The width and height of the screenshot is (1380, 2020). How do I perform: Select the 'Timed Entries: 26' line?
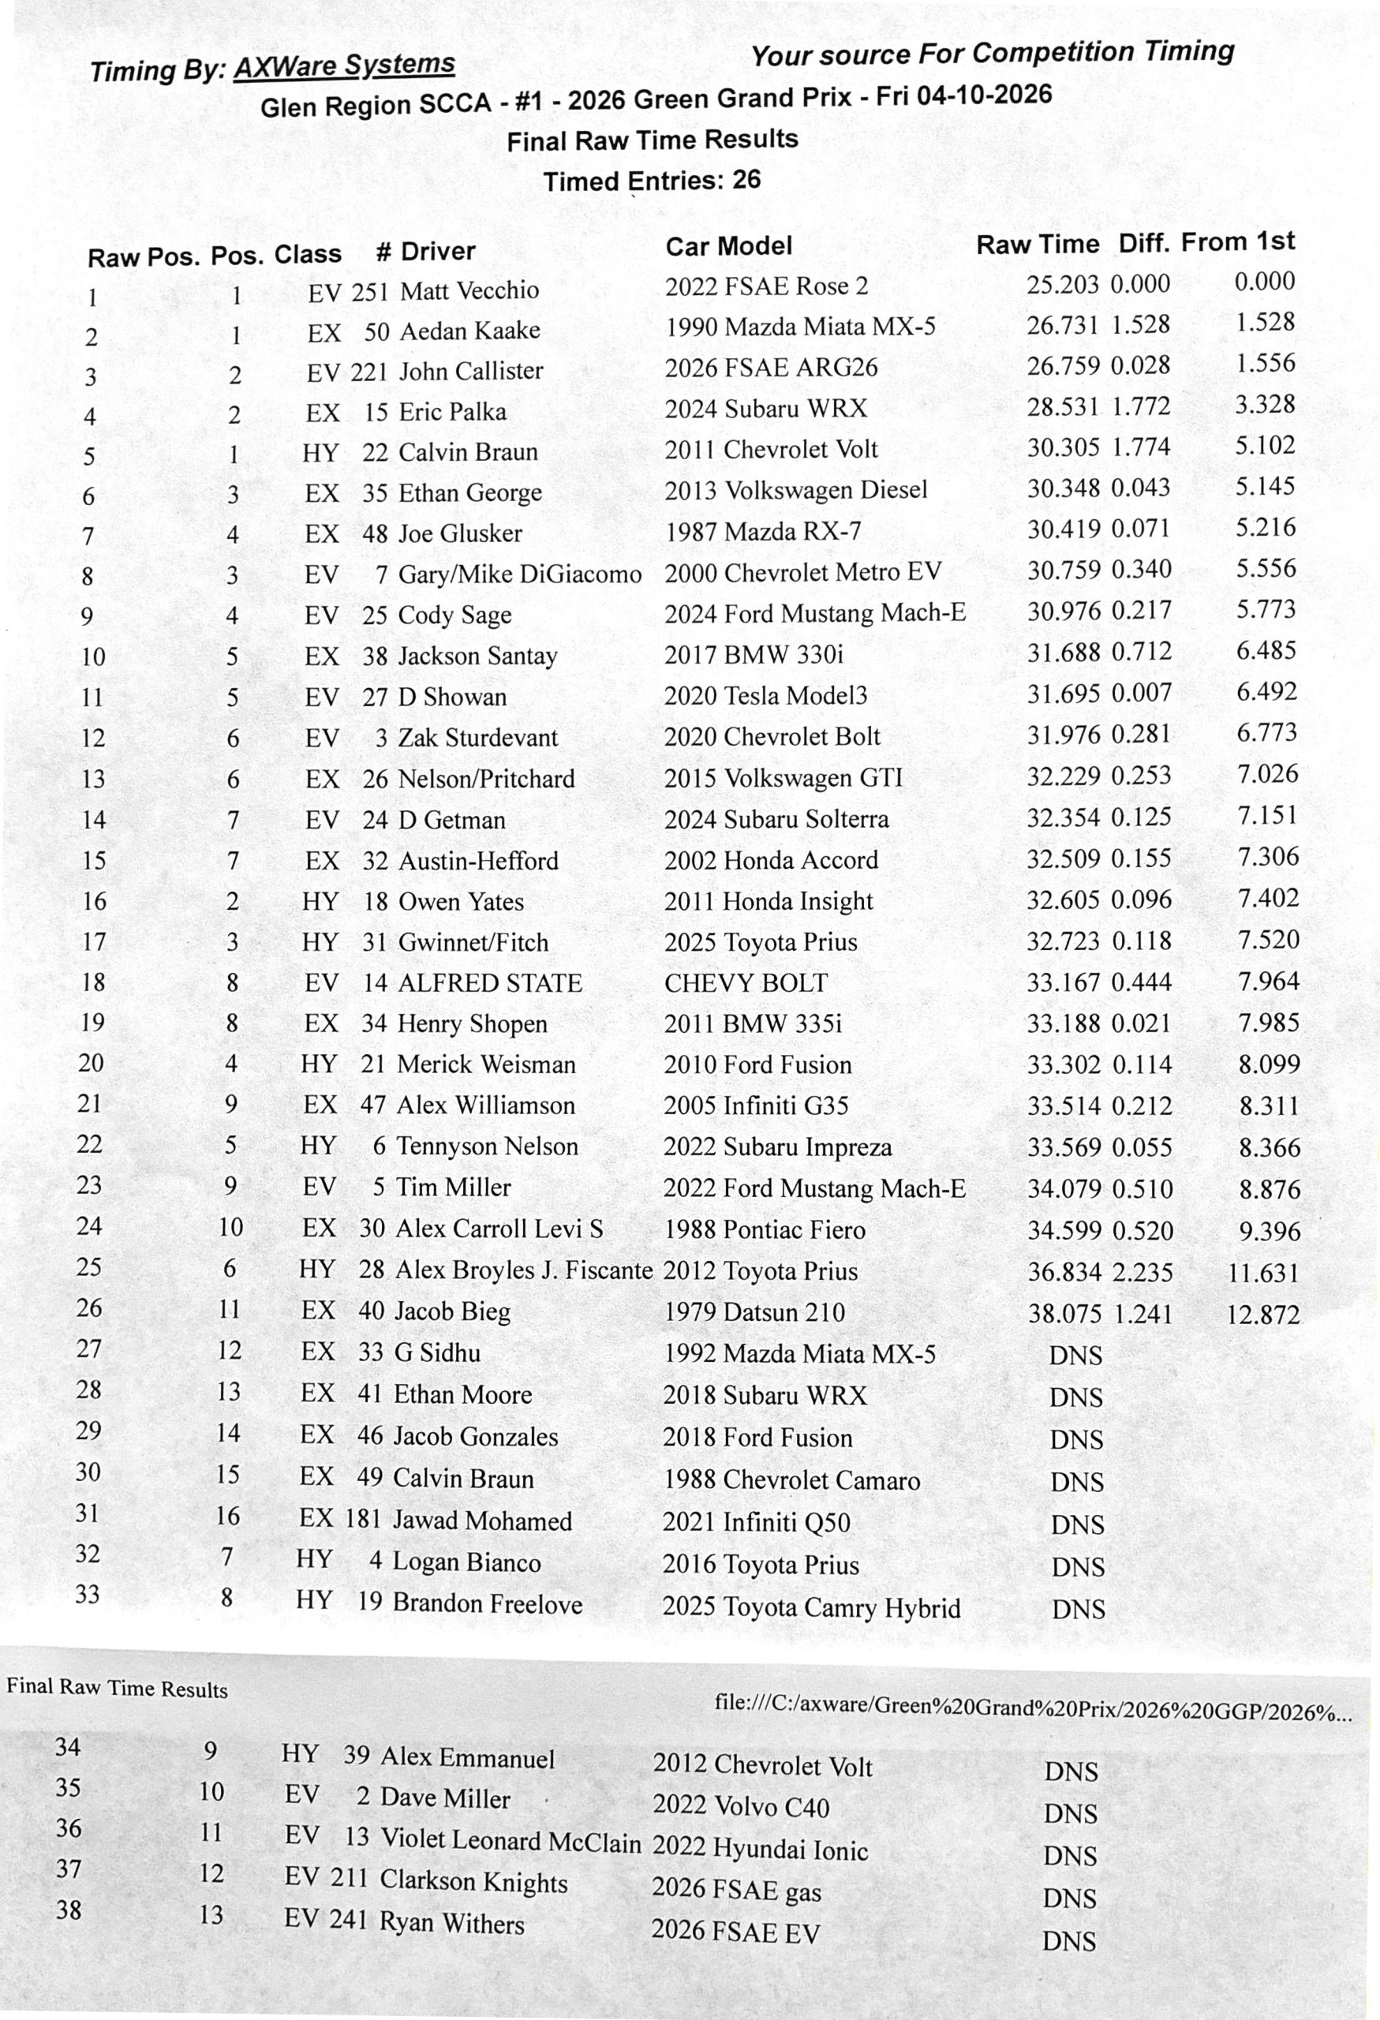coord(652,181)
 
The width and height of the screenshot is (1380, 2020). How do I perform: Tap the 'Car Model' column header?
coord(728,246)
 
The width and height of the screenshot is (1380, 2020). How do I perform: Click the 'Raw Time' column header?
coord(1037,245)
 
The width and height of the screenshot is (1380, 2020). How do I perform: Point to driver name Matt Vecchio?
coord(469,290)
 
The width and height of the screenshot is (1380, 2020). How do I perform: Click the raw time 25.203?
coord(1063,285)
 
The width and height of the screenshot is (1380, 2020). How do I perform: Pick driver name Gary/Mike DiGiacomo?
coord(520,574)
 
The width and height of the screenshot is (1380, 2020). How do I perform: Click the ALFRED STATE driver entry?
coord(490,983)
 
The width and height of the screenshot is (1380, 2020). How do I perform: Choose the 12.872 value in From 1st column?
coord(1262,1315)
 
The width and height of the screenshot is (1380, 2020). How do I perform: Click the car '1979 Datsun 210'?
coord(754,1311)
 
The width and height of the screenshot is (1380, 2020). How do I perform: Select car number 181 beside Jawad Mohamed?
coord(363,1518)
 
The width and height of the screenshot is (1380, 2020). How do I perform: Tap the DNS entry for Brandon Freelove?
coord(1078,1609)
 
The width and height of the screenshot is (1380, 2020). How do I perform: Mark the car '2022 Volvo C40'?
coord(740,1807)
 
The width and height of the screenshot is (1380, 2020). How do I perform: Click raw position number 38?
coord(69,1910)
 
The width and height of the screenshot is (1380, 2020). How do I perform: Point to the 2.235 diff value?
coord(1142,1273)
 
